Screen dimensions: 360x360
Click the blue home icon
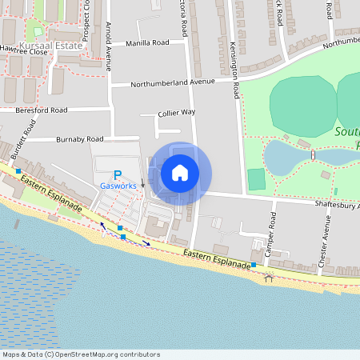click(180, 172)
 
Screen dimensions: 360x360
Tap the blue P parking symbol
click(118, 174)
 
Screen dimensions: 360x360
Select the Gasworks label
click(118, 186)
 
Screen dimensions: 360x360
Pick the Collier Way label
click(176, 113)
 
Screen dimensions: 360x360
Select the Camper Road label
click(271, 232)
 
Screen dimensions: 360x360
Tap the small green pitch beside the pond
click(256, 178)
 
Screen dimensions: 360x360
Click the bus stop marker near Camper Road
click(254, 264)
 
